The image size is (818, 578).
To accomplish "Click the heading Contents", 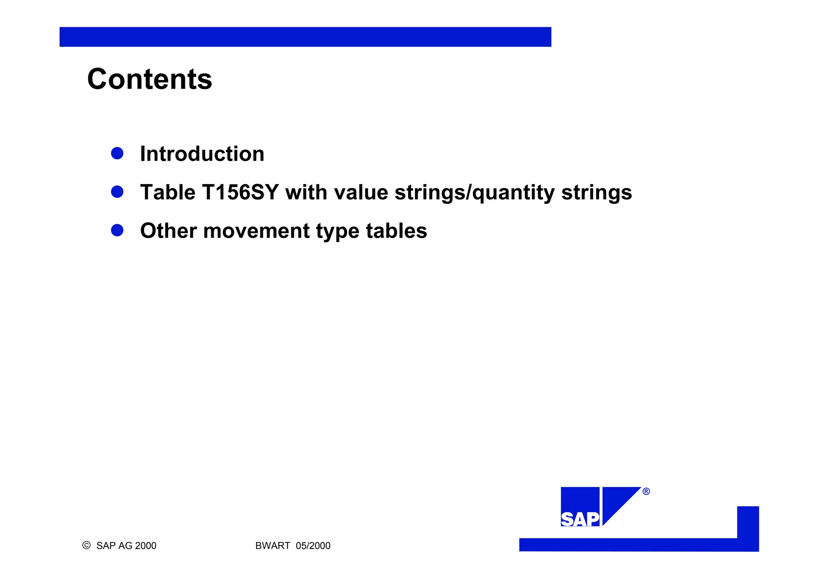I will point(149,79).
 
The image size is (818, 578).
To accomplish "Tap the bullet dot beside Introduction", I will point(117,153).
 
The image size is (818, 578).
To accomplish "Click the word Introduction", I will point(202,154).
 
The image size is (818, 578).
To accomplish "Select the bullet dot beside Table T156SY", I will point(117,192).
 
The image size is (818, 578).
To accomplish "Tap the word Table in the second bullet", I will point(168,193).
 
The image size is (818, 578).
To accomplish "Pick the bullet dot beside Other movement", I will point(117,230).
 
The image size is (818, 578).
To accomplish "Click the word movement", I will point(256,231).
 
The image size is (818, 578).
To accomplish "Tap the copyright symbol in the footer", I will point(86,545).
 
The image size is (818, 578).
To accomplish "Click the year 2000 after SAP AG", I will point(145,546).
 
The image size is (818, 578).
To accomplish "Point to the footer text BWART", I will point(272,546).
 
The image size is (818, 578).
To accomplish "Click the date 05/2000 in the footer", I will point(313,546).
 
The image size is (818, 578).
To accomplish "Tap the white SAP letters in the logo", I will point(580,519).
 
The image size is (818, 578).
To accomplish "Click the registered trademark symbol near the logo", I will point(646,491).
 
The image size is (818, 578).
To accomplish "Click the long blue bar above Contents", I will point(305,37).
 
